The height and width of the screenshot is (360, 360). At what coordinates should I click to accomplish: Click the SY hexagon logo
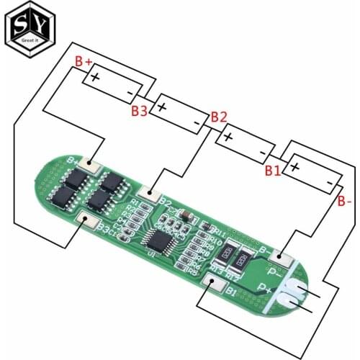click(26, 27)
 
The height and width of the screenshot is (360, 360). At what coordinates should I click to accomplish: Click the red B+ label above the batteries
click(84, 63)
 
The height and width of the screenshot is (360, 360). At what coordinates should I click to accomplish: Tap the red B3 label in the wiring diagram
click(140, 111)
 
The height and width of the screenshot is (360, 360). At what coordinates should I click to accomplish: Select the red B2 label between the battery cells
click(219, 117)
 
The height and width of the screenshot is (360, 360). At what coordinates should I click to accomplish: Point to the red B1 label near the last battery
click(272, 171)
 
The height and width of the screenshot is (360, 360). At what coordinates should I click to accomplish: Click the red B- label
click(344, 202)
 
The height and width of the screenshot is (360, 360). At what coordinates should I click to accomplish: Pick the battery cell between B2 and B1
click(246, 142)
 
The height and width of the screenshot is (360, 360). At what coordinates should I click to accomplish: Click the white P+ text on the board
click(274, 288)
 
